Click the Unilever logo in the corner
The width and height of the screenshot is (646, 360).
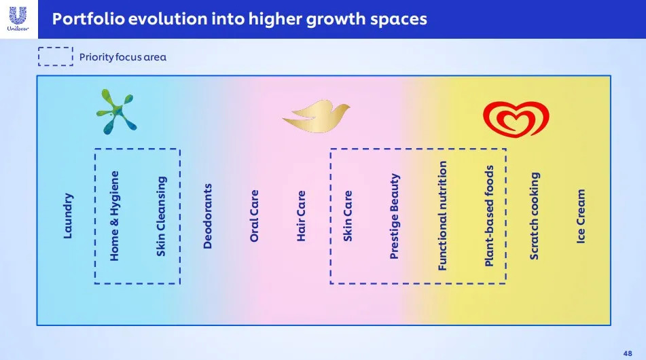[18, 19]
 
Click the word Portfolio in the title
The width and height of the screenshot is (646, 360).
[88, 19]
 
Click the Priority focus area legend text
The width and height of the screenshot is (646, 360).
[123, 57]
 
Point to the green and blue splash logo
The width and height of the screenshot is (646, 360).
[116, 111]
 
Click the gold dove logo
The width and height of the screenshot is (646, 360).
[316, 115]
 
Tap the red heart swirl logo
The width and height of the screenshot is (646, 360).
[516, 119]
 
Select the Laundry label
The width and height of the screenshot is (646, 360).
[68, 216]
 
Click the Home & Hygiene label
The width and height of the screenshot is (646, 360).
[114, 216]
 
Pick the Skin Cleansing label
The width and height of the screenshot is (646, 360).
[161, 216]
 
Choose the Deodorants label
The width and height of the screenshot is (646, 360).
[207, 216]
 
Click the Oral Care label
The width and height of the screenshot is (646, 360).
[254, 216]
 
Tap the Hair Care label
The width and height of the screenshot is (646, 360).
[301, 216]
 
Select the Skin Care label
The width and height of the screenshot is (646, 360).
[348, 216]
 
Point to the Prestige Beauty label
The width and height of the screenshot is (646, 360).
[394, 216]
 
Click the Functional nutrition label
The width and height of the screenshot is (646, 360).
[442, 216]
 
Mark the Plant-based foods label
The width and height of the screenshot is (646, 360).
[488, 216]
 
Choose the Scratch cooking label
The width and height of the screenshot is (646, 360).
[534, 216]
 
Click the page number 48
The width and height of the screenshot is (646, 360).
[628, 353]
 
